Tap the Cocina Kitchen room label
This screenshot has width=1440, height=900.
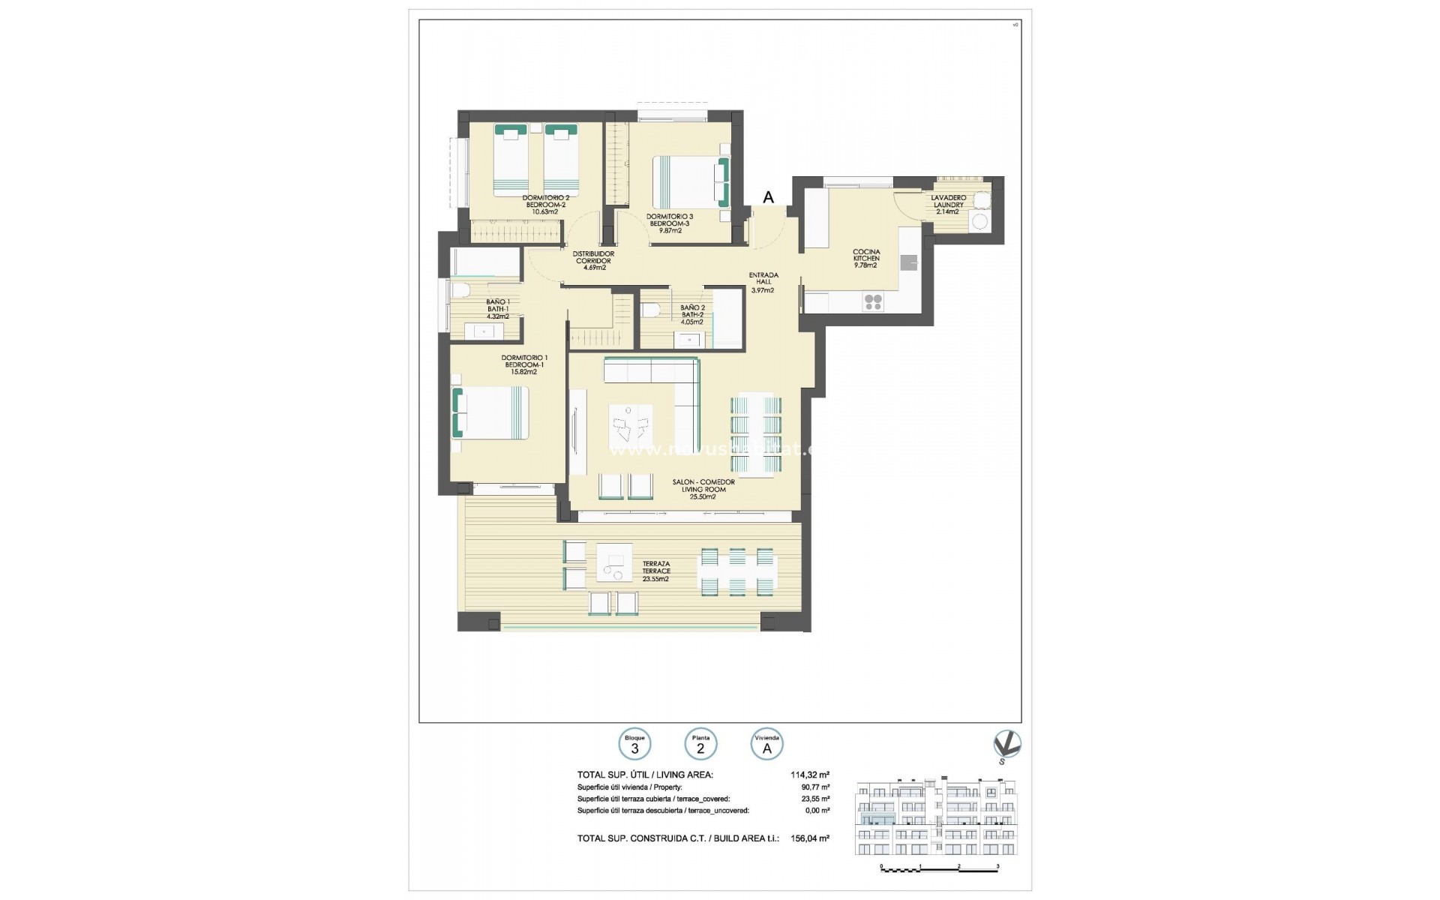pyautogui.click(x=866, y=258)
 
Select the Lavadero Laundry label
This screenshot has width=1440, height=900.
pyautogui.click(x=948, y=204)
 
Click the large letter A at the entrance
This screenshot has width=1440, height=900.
pyautogui.click(x=768, y=197)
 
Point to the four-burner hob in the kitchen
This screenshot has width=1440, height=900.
pyautogui.click(x=873, y=302)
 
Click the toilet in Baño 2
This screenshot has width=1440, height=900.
pyautogui.click(x=649, y=310)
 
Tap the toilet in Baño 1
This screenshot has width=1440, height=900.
pyautogui.click(x=459, y=290)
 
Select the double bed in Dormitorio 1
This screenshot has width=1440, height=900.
pyautogui.click(x=491, y=412)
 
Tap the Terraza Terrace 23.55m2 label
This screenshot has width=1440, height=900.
pyautogui.click(x=656, y=571)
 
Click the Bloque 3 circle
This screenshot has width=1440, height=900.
pyautogui.click(x=634, y=745)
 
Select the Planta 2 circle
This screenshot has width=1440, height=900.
pyautogui.click(x=700, y=745)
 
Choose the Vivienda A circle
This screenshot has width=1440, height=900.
pyautogui.click(x=766, y=745)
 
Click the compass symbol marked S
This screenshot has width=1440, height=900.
pyautogui.click(x=1006, y=745)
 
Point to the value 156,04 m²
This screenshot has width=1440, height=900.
pyautogui.click(x=810, y=839)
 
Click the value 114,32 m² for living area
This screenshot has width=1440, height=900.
pyautogui.click(x=810, y=775)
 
